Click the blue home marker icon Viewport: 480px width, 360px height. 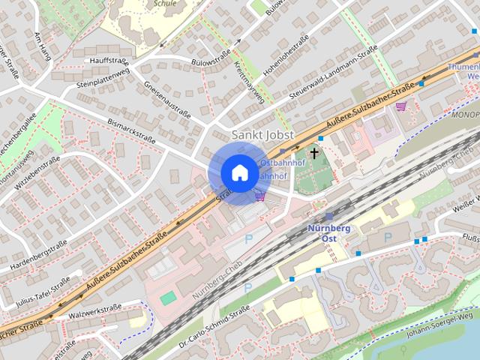[238, 172]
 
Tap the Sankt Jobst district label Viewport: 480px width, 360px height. [262, 135]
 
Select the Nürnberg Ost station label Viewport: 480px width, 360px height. [328, 232]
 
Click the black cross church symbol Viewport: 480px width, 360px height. [313, 152]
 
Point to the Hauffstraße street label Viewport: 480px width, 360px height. [110, 60]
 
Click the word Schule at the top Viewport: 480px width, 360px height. [165, 4]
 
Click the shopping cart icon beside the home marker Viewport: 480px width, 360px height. [260, 196]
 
